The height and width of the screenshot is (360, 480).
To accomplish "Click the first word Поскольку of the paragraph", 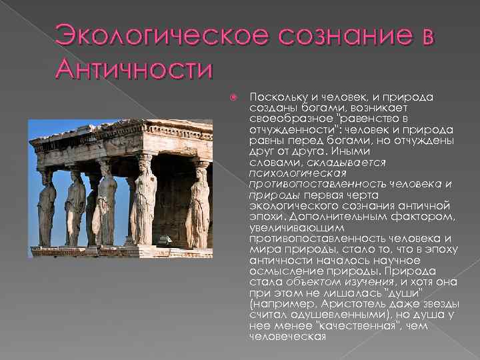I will click(x=273, y=97).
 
